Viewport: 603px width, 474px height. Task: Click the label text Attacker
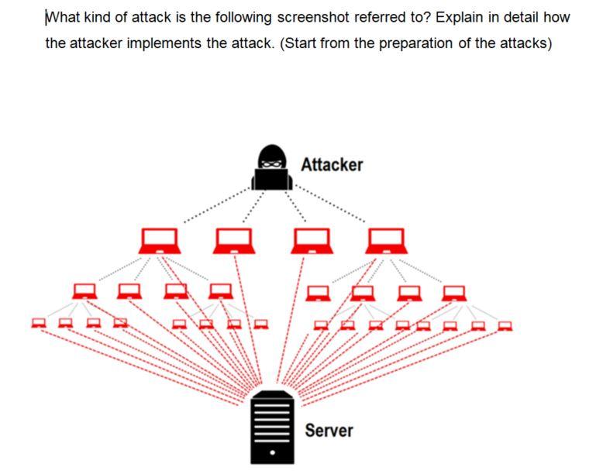[332, 165]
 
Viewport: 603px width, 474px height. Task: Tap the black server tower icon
[272, 427]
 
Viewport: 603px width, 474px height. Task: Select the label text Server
[329, 430]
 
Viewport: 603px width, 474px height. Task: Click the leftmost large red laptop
[159, 241]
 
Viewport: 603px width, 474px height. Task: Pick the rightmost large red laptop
[387, 241]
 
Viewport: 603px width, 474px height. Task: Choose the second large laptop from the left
[235, 241]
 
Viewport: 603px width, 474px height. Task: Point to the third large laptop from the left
[311, 241]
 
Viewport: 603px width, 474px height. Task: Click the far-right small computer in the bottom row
[505, 325]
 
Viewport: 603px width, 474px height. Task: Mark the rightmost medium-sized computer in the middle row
[454, 293]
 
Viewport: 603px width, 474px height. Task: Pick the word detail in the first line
[524, 17]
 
